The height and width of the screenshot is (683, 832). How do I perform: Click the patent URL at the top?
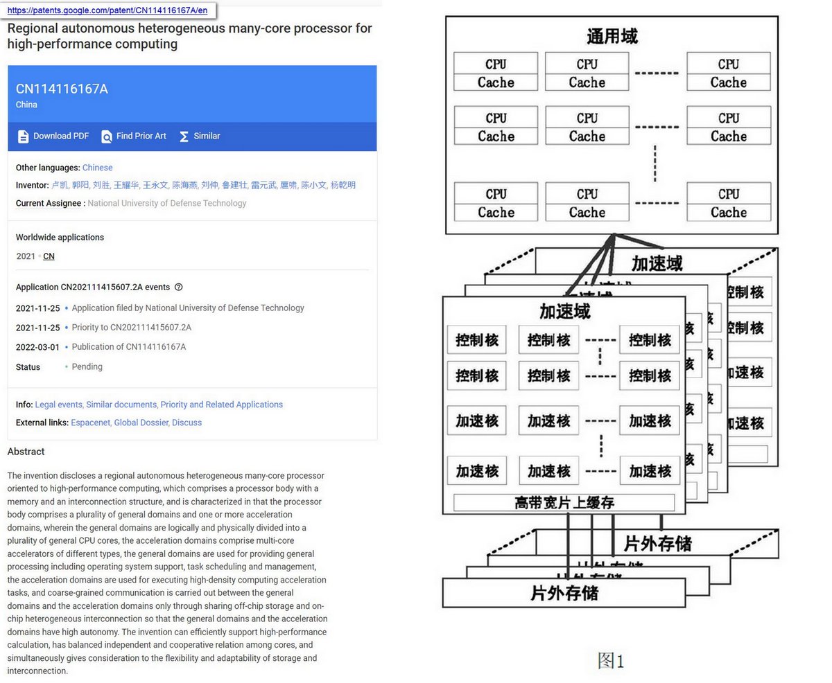tap(107, 10)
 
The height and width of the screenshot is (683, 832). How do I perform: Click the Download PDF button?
tap(53, 136)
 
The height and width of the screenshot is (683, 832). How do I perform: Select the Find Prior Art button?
tap(134, 136)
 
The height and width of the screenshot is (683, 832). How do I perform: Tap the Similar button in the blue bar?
tap(200, 136)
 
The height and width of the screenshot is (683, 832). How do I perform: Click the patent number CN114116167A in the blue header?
tap(62, 89)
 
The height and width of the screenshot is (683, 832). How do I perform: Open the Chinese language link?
tap(97, 168)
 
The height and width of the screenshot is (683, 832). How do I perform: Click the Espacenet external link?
tap(90, 423)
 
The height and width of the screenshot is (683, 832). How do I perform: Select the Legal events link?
tap(58, 405)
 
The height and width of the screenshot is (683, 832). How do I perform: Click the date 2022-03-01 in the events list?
tap(37, 347)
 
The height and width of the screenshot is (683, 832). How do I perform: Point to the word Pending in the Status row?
tap(87, 367)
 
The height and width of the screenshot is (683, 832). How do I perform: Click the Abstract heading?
tap(26, 452)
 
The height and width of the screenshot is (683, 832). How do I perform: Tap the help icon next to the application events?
tap(179, 287)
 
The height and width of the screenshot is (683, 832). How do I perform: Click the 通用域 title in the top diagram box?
tap(612, 36)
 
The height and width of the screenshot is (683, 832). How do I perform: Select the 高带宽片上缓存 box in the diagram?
tap(564, 502)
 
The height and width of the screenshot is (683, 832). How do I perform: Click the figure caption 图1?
tap(611, 661)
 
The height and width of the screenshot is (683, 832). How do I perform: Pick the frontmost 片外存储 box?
tap(564, 593)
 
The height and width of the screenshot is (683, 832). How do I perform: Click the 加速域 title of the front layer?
tap(564, 312)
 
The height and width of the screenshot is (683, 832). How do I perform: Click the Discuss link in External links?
tap(187, 423)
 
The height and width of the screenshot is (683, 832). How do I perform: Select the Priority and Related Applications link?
tap(221, 405)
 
